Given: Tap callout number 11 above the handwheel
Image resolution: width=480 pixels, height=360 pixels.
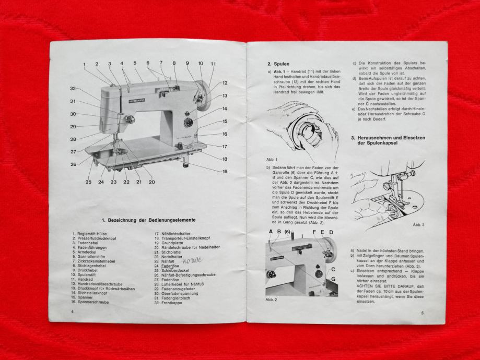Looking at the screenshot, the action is coord(213,64).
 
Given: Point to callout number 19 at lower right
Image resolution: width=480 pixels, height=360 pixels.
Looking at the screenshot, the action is coord(225,171).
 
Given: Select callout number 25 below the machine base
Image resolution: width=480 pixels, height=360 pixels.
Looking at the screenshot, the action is coord(88,182).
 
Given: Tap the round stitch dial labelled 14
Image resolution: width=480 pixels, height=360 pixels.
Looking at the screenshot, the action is coord(188,122).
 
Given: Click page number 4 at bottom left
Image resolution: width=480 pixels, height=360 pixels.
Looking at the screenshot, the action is coord(73,311).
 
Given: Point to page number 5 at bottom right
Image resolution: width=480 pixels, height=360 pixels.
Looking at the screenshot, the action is coord(422,313).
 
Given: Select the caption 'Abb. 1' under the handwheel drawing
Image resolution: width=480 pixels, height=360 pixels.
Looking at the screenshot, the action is coord(272,159).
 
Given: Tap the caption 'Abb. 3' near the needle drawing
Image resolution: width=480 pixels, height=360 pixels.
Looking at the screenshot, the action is coord(418,224).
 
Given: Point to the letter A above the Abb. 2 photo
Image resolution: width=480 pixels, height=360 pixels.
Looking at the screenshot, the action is coord(271,232).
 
